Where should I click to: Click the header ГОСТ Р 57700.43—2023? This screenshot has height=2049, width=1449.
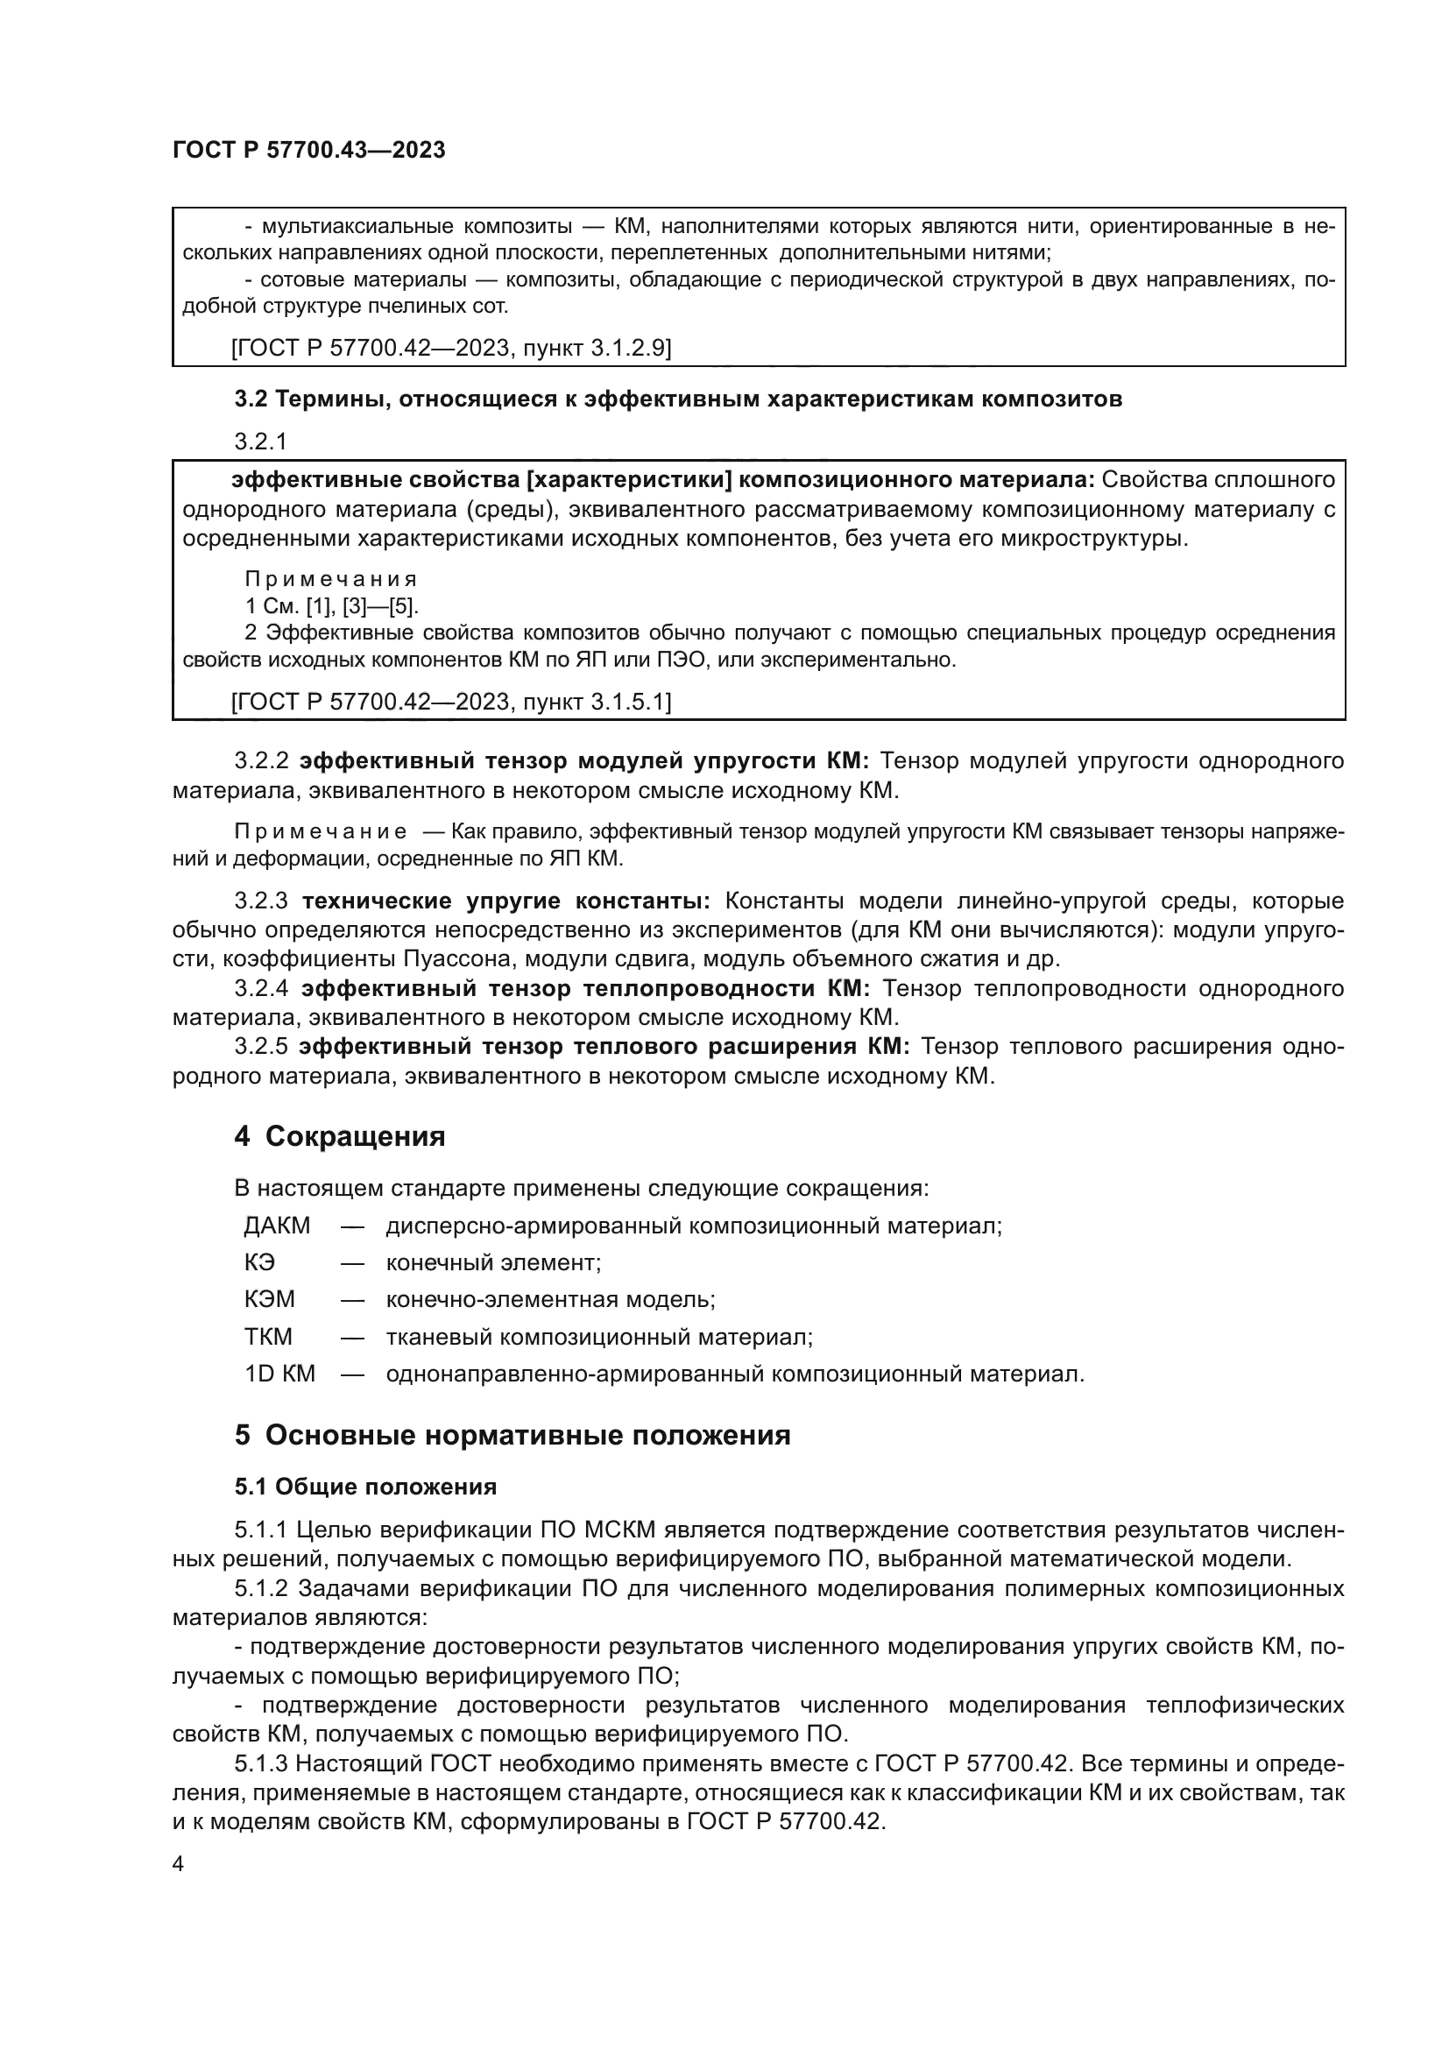[x=308, y=150]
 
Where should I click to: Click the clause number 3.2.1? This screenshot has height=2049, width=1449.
[x=259, y=442]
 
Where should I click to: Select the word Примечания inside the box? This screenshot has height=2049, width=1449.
[x=331, y=579]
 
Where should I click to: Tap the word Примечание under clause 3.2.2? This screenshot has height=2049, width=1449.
[x=321, y=831]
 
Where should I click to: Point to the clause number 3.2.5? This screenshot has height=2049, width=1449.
[x=261, y=1046]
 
